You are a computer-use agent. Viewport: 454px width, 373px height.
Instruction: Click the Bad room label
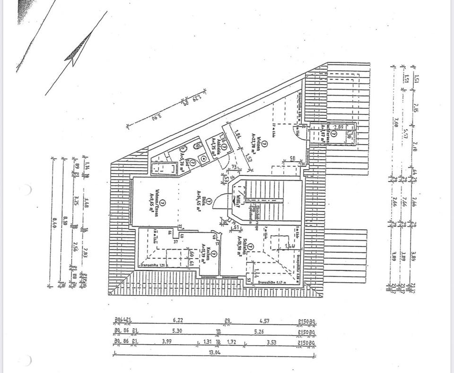(186, 164)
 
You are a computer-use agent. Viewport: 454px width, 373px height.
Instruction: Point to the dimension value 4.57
(264, 320)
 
